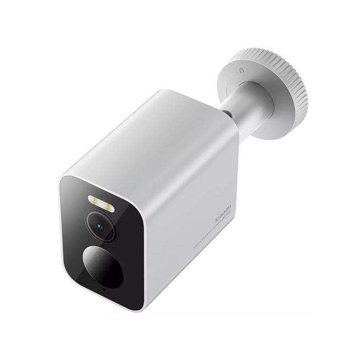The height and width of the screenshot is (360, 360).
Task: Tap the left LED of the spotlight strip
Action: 95,199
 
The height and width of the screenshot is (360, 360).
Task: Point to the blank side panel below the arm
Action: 195,170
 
